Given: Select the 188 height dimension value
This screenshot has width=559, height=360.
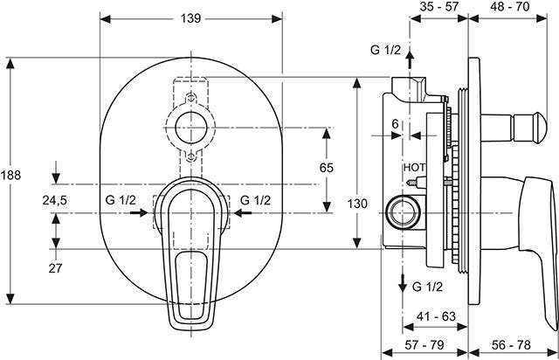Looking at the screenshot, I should click(x=10, y=175).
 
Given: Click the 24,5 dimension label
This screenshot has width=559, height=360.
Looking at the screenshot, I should click(x=55, y=200).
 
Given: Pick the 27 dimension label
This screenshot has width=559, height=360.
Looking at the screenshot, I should click(x=55, y=268).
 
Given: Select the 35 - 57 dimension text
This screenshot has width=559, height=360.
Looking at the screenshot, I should click(x=438, y=7).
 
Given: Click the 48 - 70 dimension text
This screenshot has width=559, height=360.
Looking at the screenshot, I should click(x=510, y=7).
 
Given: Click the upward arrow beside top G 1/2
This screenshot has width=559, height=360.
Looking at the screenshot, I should click(x=409, y=63).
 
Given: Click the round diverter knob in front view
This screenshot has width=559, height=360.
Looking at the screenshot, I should click(x=192, y=128).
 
